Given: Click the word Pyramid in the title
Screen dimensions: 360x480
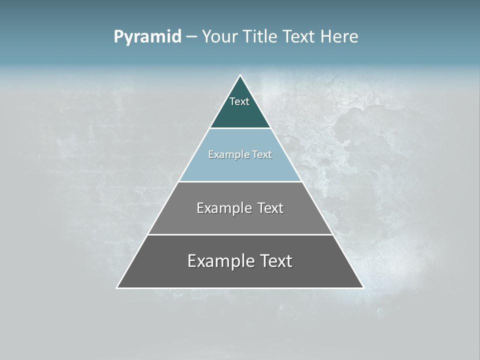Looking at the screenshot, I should point(147,37).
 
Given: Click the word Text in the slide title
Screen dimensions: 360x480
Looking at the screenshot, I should point(299,37).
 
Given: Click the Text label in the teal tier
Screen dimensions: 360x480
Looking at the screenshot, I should point(239,101).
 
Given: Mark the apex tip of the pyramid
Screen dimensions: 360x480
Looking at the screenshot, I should point(240,76).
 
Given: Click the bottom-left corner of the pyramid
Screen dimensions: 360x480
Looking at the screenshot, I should point(117,287).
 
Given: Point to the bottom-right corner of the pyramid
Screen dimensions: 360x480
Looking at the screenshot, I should point(363,287).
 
